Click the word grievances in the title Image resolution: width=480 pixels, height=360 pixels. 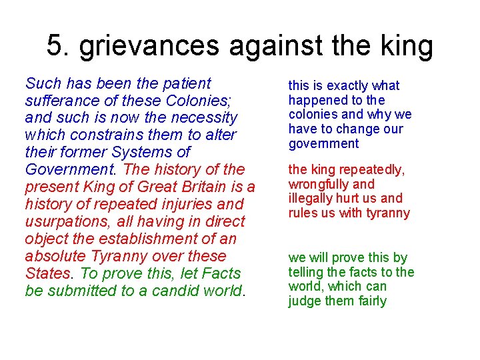click(148, 47)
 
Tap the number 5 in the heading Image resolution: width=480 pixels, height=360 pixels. click(55, 45)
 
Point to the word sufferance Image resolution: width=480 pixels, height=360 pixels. click(57, 101)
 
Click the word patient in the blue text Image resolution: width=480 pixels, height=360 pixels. click(185, 83)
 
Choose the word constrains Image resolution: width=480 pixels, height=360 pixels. click(107, 135)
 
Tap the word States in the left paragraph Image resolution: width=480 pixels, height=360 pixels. click(47, 274)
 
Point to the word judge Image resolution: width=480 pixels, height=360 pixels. click(304, 301)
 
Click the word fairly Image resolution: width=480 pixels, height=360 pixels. click(372, 301)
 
